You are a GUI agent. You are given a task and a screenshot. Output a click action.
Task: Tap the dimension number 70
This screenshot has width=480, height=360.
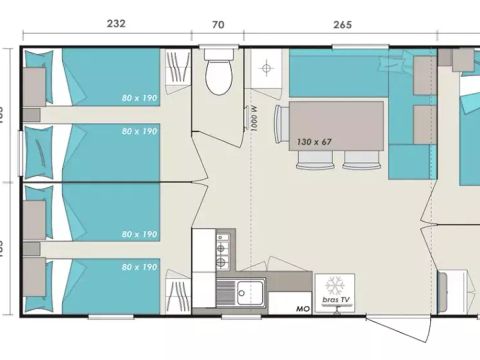pos(217,25)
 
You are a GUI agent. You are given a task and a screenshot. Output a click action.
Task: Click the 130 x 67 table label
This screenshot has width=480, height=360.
pos(319,143)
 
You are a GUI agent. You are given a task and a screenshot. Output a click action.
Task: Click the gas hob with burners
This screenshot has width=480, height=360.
pos(221,250)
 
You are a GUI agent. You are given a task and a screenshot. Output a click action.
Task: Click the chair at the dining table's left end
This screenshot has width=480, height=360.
pos(281,125)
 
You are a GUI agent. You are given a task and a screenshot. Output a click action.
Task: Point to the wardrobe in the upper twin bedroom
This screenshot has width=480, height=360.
pos(177,71)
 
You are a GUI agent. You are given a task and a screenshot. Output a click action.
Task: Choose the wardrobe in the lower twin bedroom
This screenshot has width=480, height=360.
pos(177,295)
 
